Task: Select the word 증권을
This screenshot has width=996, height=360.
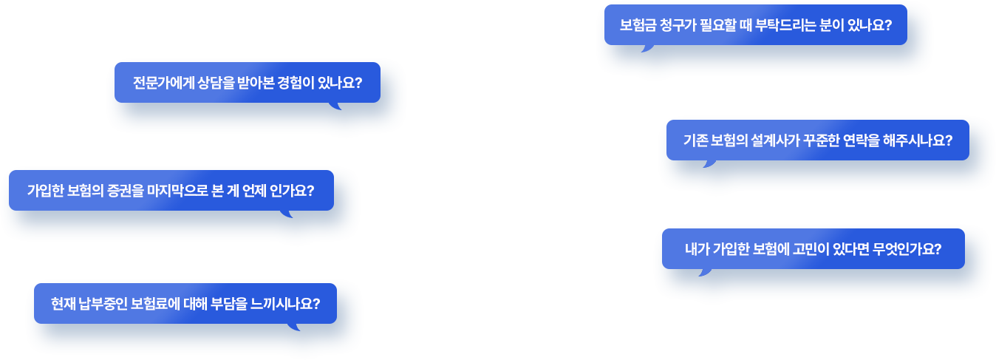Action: [x=126, y=191]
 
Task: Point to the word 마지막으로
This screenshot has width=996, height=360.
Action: [x=178, y=191]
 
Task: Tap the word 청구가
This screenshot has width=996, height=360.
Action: [x=673, y=25]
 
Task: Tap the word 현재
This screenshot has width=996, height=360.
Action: [x=63, y=304]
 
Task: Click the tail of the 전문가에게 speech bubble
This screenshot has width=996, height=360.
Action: [x=336, y=106]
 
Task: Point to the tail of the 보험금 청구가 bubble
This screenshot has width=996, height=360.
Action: [x=648, y=49]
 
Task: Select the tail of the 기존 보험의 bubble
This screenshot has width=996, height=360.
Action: [x=710, y=164]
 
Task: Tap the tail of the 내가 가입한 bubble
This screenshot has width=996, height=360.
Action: [x=706, y=273]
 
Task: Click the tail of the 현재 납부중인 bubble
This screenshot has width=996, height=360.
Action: [x=294, y=327]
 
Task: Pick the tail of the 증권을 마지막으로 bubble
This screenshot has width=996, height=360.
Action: [x=287, y=214]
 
